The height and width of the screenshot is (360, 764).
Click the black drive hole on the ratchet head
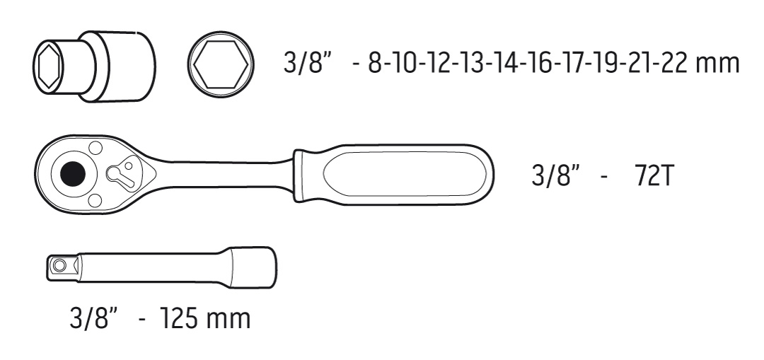tap(73, 173)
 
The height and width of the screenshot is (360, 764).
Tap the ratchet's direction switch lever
tap(122, 174)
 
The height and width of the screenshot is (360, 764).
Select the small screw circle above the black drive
tap(95, 148)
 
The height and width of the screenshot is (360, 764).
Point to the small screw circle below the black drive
tap(95, 199)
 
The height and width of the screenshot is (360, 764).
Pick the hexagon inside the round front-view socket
tap(221, 64)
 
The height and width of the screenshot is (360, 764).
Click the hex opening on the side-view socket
tap(47, 65)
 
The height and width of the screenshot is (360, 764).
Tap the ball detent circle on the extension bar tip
tap(60, 265)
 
